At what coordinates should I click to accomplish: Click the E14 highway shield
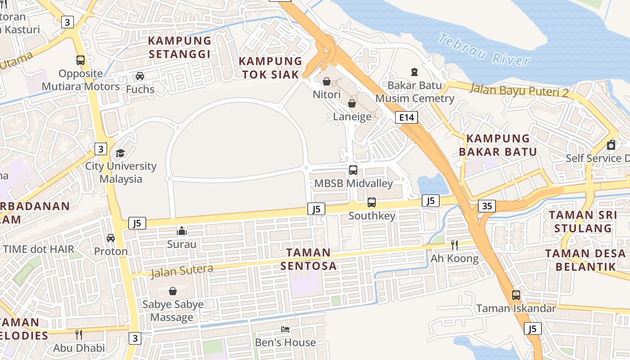[406, 118]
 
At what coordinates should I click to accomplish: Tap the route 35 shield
[487, 206]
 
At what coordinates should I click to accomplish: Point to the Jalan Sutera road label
[182, 271]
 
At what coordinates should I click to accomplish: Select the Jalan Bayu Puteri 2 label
[519, 90]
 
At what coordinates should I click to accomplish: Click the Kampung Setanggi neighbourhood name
[180, 47]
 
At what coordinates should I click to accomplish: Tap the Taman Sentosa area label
[309, 259]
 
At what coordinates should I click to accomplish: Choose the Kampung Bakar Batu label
[498, 145]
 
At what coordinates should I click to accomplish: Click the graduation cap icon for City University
[120, 153]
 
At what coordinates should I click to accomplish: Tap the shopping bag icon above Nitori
[327, 81]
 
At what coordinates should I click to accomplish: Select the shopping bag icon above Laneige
[352, 103]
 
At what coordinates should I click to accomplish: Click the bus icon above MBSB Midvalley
[353, 170]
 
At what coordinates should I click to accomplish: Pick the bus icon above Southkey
[372, 202]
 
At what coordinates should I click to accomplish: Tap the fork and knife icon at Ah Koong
[454, 245]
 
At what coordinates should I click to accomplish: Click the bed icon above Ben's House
[285, 329]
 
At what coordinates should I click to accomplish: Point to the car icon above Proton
[111, 238]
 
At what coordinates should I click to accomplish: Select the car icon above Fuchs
[140, 76]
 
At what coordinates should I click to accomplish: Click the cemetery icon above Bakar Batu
[414, 72]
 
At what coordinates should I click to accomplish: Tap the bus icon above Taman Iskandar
[516, 295]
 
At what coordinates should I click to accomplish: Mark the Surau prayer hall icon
[182, 231]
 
